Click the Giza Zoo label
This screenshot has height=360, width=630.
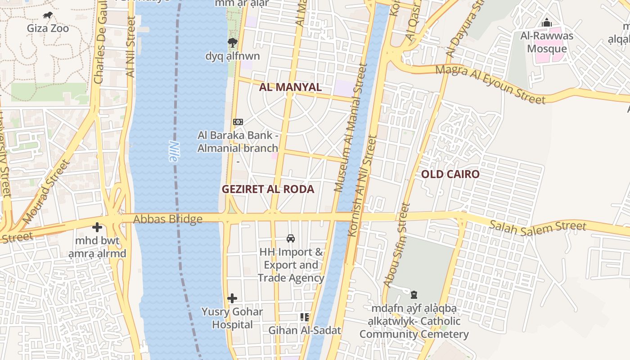tap(48, 28)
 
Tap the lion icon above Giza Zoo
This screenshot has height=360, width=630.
tap(48, 16)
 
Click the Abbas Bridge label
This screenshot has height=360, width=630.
tap(168, 219)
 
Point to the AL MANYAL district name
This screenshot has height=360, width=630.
tap(290, 87)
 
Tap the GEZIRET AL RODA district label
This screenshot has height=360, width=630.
tap(268, 189)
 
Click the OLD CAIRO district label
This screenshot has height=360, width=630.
tap(450, 174)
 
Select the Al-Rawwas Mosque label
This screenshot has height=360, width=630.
tap(547, 42)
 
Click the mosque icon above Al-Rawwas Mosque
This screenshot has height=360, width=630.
tap(547, 22)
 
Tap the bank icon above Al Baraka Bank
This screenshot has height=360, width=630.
tap(238, 121)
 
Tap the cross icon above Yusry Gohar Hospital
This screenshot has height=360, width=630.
tap(232, 298)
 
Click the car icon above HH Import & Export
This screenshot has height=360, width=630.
tap(291, 238)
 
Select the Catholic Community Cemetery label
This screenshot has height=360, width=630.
tap(414, 321)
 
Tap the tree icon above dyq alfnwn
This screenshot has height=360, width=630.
tap(232, 43)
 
